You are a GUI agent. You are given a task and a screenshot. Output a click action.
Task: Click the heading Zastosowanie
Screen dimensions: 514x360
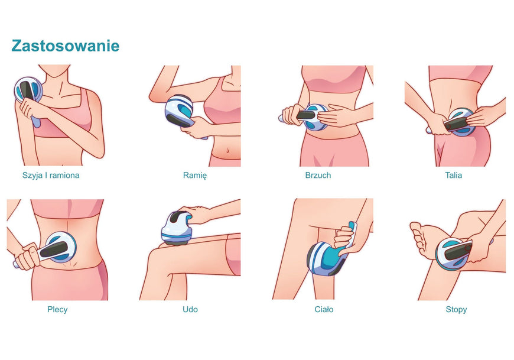(x=65, y=46)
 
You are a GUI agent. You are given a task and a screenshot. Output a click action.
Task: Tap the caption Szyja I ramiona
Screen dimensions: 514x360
(x=51, y=176)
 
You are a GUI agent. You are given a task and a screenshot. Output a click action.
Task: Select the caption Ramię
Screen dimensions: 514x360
(x=195, y=176)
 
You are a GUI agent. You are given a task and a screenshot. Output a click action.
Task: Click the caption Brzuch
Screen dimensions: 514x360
(x=318, y=176)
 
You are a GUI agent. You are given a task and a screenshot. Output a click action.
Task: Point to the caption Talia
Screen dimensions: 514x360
(x=453, y=176)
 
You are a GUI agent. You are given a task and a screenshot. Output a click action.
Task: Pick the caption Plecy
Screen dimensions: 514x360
(x=57, y=310)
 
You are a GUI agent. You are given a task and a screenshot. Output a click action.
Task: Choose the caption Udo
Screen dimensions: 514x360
(x=190, y=310)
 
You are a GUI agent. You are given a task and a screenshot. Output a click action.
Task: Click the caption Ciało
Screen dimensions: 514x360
(x=324, y=310)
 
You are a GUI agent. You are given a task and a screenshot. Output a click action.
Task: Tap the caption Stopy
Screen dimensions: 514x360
(x=456, y=310)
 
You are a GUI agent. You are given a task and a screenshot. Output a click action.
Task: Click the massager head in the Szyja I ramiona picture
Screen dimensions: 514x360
(x=28, y=90)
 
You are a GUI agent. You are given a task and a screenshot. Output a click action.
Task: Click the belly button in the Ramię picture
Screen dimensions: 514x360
(x=227, y=151)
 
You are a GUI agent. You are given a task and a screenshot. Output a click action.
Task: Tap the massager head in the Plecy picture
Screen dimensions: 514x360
(x=61, y=247)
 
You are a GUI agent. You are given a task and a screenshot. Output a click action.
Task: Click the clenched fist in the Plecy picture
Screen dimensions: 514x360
(x=28, y=257)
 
